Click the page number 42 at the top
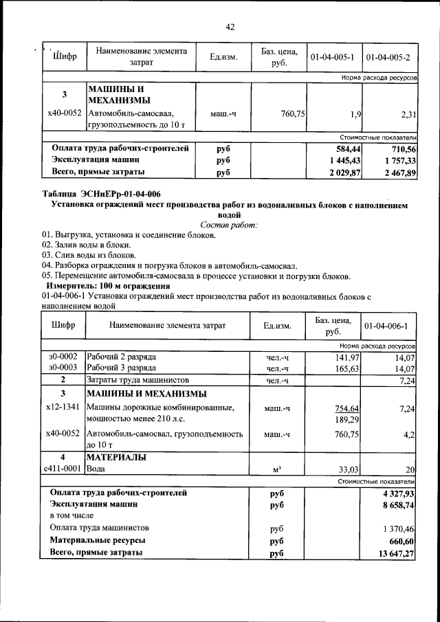[x=230, y=27]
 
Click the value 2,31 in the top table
[x=406, y=112]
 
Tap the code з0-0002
[x=63, y=357]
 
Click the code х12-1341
[x=63, y=408]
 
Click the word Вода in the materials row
[x=96, y=469]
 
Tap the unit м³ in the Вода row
[x=277, y=469]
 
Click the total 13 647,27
[x=397, y=553]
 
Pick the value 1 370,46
[x=399, y=529]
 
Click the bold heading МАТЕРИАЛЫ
[x=118, y=457]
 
